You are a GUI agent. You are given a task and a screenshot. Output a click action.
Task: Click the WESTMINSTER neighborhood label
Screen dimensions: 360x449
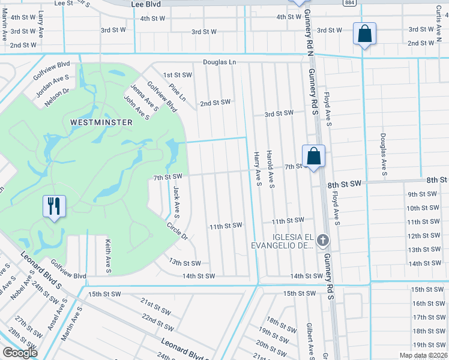point(101,122)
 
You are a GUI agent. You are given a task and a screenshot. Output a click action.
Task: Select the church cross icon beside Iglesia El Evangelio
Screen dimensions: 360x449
point(323,241)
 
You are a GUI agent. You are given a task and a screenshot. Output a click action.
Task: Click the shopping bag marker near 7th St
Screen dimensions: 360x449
point(313,157)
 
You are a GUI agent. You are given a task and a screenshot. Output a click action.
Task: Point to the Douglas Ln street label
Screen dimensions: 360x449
point(219,62)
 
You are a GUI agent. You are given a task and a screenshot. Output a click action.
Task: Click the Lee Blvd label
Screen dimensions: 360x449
point(146,4)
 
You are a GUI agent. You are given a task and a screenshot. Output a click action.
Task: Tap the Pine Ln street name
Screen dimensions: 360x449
point(177,92)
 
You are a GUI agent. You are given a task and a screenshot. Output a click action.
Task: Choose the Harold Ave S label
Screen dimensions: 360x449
point(271,169)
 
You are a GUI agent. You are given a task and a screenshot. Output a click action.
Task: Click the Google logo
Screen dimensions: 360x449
point(20,353)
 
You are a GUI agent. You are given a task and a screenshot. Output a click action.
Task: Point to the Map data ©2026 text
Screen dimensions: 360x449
point(423,355)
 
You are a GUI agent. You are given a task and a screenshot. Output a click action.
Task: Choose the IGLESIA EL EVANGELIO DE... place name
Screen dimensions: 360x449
point(282,241)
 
